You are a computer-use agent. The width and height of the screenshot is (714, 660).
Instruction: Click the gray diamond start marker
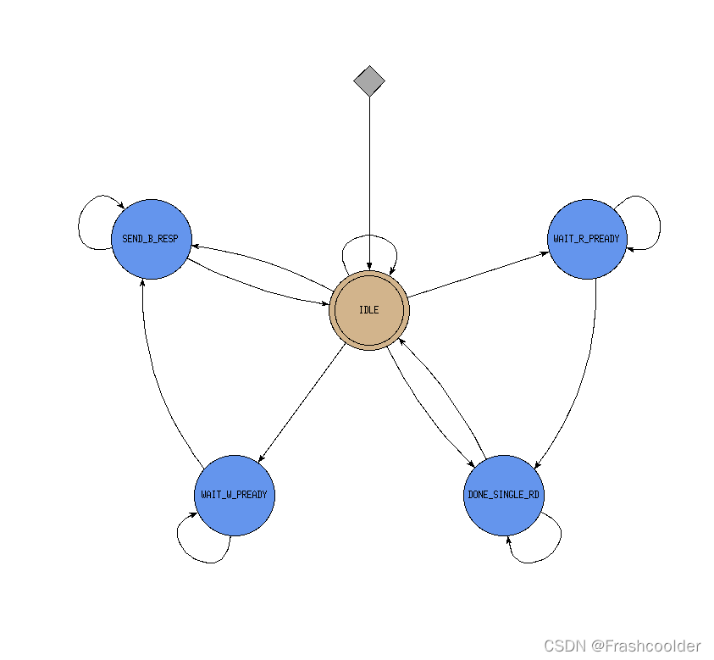click(x=369, y=81)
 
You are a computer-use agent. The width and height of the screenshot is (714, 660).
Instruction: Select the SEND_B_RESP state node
click(x=151, y=254)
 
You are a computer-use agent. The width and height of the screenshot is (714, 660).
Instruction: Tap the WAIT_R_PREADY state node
click(x=589, y=254)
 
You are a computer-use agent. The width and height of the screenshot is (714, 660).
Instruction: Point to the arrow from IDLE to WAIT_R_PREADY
click(x=479, y=274)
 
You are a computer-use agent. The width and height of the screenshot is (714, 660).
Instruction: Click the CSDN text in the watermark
click(x=565, y=646)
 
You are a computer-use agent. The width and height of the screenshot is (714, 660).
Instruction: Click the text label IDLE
click(x=369, y=310)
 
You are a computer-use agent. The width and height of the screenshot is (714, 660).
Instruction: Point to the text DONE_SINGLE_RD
click(x=504, y=494)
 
